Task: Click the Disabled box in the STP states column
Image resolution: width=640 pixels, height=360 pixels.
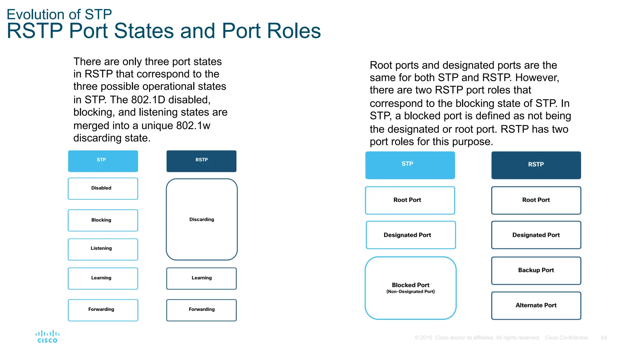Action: [x=103, y=188]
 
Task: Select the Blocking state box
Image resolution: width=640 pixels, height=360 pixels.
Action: [x=103, y=220]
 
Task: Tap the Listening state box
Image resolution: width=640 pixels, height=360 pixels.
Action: [x=103, y=249]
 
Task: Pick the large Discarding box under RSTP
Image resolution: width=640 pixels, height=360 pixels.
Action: [x=202, y=219]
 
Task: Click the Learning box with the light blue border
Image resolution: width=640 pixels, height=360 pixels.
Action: [x=103, y=278]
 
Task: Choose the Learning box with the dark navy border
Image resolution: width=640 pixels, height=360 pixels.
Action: [x=202, y=278]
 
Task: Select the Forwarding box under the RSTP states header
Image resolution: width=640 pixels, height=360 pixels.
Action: [x=202, y=310]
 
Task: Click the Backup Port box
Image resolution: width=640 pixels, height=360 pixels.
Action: [x=536, y=270]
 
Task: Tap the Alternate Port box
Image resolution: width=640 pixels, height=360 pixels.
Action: [x=536, y=305]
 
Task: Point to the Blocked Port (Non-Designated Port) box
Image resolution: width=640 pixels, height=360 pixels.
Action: [x=410, y=288]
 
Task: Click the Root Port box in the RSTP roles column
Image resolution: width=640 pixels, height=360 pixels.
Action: [x=536, y=200]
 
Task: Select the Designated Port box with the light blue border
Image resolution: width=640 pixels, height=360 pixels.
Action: [x=410, y=235]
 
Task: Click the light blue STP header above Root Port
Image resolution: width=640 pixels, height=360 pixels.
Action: [x=410, y=165]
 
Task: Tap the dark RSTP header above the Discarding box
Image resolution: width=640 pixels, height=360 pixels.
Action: [x=202, y=161]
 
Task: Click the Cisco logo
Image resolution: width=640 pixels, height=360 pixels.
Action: [x=47, y=337]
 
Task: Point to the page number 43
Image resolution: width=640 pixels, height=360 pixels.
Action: [x=603, y=338]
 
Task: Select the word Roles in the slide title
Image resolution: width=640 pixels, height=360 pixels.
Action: [x=294, y=31]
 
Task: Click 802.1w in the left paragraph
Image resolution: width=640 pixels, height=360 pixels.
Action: [x=193, y=126]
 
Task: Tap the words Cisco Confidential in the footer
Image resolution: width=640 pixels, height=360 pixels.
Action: [x=566, y=338]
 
